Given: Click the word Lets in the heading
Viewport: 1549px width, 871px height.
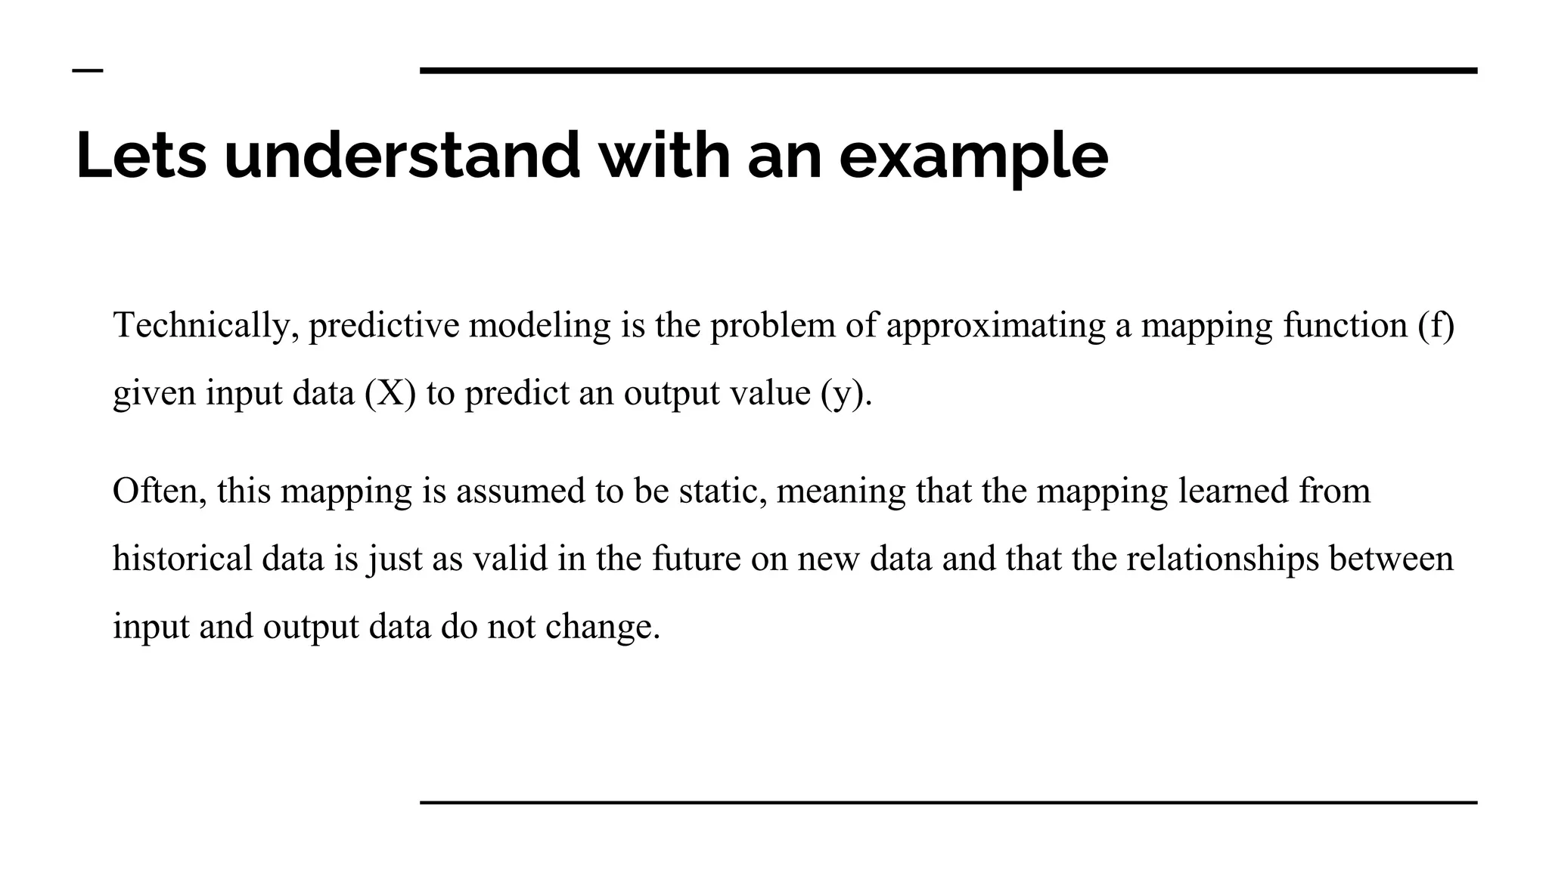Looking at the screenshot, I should point(141,156).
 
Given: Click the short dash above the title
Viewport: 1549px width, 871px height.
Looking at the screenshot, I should point(88,71).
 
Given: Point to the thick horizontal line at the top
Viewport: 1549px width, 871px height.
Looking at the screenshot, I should point(948,71).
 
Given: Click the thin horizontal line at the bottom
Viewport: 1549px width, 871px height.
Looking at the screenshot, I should point(948,802).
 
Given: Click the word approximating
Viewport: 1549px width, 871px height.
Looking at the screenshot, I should point(996,326).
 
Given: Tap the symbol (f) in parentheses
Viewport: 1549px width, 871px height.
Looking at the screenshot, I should point(1436,326).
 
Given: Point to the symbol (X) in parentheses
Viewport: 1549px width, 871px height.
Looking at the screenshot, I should point(390,393).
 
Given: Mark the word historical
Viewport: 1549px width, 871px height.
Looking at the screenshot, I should point(182,559).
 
